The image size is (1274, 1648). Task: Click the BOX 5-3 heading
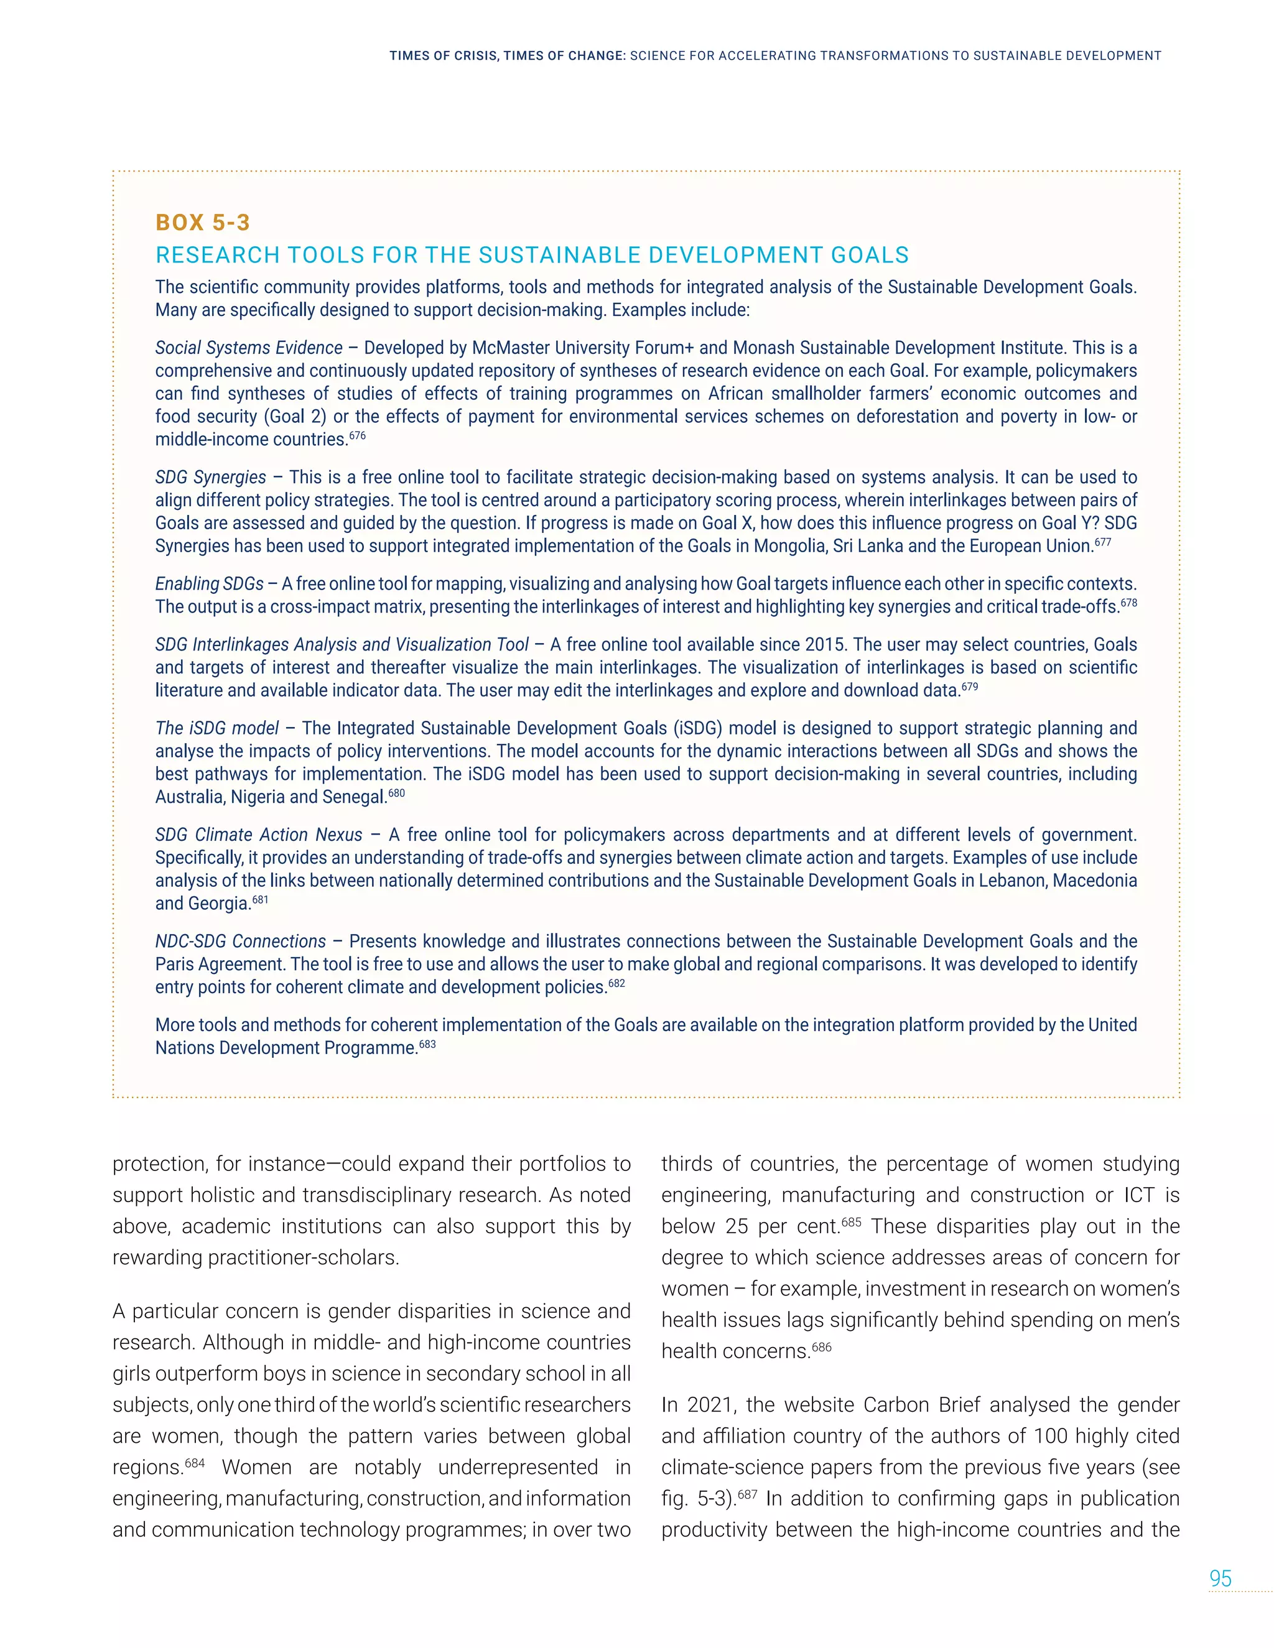[202, 223]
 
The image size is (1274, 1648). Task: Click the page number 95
[1220, 1578]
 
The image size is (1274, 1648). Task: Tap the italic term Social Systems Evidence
[248, 348]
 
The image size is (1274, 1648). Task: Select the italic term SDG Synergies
[211, 478]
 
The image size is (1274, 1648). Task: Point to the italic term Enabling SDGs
[209, 584]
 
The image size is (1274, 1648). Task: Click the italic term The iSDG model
[216, 728]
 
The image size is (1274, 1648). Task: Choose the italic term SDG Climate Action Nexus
[258, 835]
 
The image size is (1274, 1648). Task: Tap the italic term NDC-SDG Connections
[240, 942]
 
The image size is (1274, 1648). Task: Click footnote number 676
[357, 435]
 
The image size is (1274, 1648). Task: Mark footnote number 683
[427, 1044]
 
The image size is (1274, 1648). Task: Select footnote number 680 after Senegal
[396, 793]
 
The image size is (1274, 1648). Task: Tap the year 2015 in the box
[825, 645]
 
